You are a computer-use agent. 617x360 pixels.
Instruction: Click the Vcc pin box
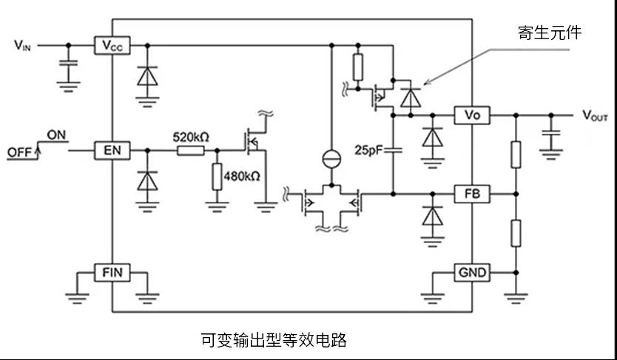(x=112, y=45)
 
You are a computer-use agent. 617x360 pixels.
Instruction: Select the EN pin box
(x=112, y=151)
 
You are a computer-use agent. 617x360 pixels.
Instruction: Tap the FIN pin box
(x=112, y=272)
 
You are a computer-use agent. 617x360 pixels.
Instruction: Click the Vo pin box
(x=472, y=115)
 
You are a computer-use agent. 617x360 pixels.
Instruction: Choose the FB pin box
(x=472, y=194)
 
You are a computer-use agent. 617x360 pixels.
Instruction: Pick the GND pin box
(x=472, y=272)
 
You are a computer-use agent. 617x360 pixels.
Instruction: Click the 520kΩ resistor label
(x=191, y=137)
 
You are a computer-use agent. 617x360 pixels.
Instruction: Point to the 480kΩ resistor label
(x=242, y=176)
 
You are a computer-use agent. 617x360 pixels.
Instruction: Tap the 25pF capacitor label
(x=368, y=150)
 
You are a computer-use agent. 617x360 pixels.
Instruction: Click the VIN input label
(x=22, y=46)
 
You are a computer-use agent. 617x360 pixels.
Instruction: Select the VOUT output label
(x=595, y=115)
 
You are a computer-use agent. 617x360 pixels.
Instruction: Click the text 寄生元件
(x=550, y=33)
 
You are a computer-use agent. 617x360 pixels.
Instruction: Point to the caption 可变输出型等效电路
(x=274, y=339)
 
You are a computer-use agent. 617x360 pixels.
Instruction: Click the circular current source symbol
(x=331, y=159)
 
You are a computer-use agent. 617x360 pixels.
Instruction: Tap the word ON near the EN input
(x=57, y=135)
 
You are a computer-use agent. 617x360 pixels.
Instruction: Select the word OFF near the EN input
(x=19, y=152)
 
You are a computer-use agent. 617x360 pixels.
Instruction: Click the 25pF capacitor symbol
(x=393, y=150)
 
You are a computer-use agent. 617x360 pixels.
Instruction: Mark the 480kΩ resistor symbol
(x=217, y=177)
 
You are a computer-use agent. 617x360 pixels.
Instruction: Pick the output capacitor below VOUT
(x=551, y=132)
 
